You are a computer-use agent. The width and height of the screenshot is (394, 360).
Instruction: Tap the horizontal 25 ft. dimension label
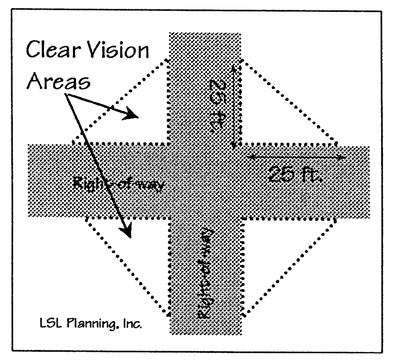pos(294,176)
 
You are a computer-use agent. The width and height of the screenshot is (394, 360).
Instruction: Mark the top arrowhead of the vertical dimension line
pos(234,67)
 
